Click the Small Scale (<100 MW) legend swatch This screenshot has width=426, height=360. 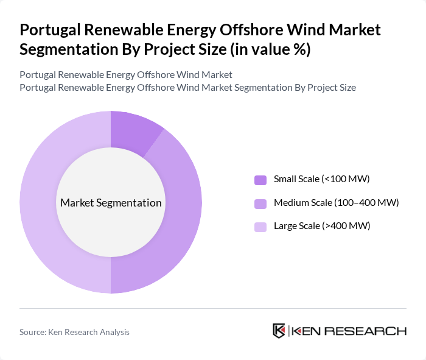pos(260,180)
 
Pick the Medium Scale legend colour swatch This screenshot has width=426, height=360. pos(260,203)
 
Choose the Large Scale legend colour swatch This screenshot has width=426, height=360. pos(260,227)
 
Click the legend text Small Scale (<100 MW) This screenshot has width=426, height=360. pos(321,179)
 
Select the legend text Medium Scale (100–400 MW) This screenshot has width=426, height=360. pos(336,202)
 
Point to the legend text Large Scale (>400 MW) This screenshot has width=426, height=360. pos(321,226)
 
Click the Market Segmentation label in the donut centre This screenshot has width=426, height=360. pos(111,203)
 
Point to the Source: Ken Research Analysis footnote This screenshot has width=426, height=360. pos(74,332)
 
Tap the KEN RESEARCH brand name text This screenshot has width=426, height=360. pos(349,331)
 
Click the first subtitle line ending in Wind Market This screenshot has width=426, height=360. pos(126,75)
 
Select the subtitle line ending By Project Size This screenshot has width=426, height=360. pos(187,87)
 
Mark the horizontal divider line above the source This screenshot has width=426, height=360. pos(213,308)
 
